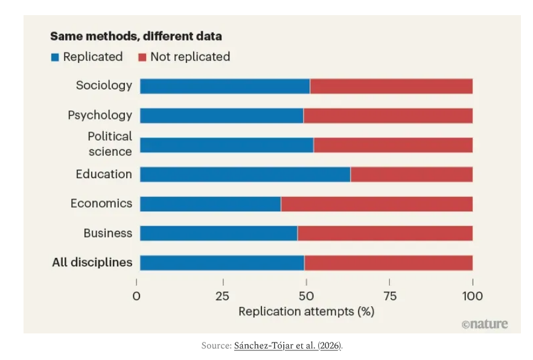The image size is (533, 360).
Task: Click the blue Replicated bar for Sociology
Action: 225,86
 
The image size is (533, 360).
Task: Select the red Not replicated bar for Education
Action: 411,175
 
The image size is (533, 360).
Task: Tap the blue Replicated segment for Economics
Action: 210,204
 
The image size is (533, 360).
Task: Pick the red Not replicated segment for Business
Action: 385,233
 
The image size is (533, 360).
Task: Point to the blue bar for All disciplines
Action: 222,263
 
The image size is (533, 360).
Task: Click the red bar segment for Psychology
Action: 388,115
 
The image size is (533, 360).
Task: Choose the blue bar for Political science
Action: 226,145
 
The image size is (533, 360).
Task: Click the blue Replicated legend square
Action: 55,57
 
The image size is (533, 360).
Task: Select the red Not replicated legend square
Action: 142,57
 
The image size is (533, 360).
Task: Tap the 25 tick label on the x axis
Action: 223,296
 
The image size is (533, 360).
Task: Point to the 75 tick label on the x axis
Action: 389,296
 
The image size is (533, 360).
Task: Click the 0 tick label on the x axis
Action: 136,296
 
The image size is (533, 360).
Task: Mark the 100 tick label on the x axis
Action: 472,296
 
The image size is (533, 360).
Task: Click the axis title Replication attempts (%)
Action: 306,312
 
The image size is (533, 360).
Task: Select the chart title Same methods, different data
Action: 136,36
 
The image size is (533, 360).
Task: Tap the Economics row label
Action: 101,204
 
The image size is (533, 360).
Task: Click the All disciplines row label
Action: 92,263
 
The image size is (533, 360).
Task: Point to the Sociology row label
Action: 104,86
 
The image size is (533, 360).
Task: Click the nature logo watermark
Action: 484,324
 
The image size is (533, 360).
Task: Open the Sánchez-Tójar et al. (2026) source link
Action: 287,346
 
